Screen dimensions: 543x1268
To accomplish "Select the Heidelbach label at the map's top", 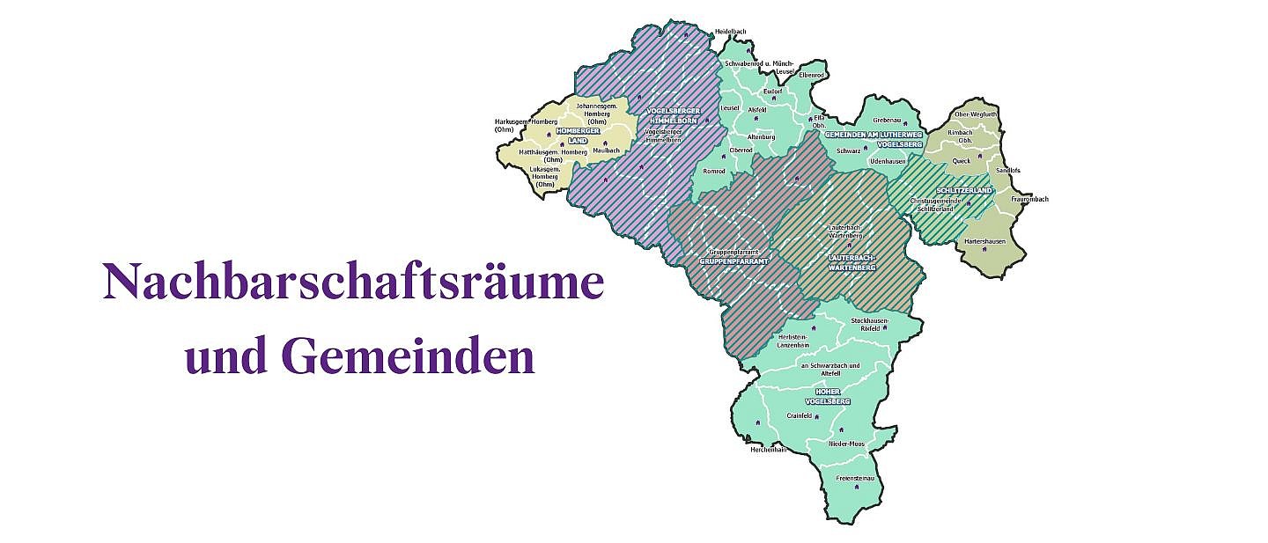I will click(730, 31).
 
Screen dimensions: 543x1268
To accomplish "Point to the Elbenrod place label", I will click(811, 75).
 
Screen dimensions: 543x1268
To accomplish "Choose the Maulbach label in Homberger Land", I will click(606, 150).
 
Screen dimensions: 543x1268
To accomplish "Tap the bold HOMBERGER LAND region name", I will click(578, 136).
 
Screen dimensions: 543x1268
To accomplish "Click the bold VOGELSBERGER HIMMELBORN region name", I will click(674, 115).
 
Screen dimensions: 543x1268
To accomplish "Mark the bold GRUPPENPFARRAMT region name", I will click(728, 261).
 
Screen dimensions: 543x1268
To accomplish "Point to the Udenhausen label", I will click(887, 161).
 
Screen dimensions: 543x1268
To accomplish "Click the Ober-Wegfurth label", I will click(976, 114).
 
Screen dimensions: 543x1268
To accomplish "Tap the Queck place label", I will click(961, 161).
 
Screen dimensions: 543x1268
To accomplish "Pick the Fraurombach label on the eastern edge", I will click(1029, 199).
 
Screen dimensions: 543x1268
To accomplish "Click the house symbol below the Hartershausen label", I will click(984, 250).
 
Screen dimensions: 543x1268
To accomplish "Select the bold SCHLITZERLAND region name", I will click(964, 190).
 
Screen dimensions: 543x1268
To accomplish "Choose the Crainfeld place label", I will click(799, 415).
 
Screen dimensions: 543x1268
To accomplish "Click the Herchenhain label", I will click(767, 450).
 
